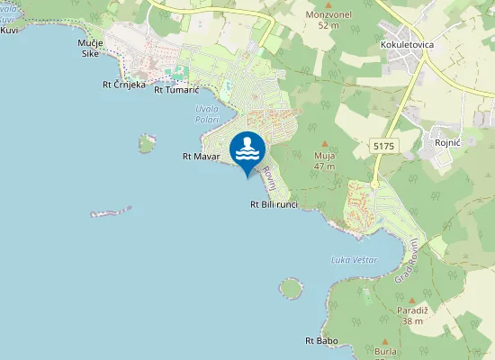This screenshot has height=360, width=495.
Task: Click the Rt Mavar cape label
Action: [201, 157]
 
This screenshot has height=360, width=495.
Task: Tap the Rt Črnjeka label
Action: [124, 86]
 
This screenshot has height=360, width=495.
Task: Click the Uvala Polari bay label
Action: [208, 114]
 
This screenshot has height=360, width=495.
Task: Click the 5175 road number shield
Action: [382, 144]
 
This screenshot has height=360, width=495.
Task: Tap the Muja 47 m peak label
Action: [324, 160]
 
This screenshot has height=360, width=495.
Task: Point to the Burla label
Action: [385, 354]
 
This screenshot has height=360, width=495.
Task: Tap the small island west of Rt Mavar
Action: [146, 142]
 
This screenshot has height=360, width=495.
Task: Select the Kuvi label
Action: [10, 30]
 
